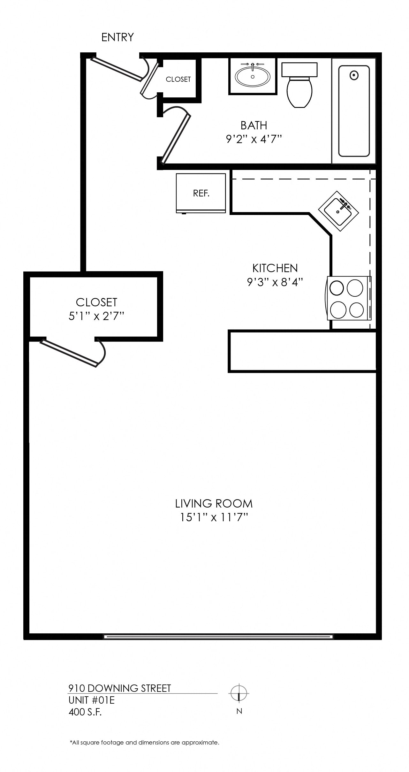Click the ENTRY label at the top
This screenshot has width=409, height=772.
point(117,37)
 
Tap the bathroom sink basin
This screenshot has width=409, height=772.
point(253,76)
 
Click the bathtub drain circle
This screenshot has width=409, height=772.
point(354,76)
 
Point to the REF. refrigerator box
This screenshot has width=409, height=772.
point(201,193)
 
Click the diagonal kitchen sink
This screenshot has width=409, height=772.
point(338,211)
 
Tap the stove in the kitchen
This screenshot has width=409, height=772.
point(349,298)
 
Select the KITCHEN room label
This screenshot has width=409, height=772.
point(275,268)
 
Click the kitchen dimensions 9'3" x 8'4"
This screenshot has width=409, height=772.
point(275,282)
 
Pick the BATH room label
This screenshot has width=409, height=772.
point(254,126)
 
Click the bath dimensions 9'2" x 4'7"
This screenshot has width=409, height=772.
point(254,139)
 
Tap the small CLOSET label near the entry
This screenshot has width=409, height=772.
point(178,79)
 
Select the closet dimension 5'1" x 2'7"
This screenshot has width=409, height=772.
point(96,316)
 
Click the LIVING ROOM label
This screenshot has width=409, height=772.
point(214,504)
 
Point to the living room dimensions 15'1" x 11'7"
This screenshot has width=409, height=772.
point(214,517)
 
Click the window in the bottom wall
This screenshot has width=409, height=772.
point(219,637)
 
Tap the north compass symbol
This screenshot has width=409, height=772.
point(239,693)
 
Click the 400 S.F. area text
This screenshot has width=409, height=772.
point(85,712)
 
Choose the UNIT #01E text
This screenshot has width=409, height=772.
point(92,700)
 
